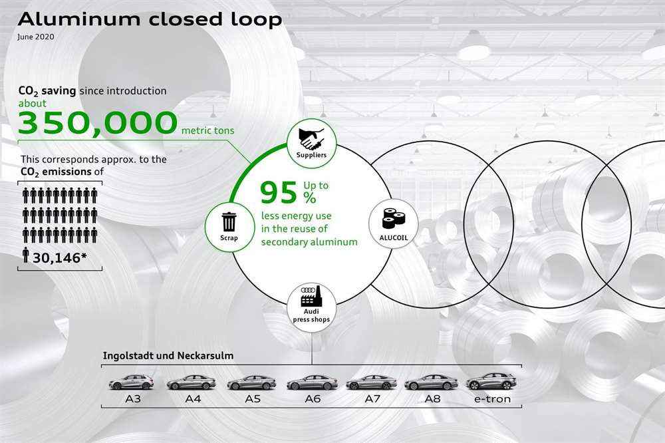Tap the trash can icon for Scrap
point(229,220)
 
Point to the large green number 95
point(277,192)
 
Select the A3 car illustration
point(131,382)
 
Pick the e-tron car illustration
point(491,382)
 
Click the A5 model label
point(251,400)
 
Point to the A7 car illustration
point(371,382)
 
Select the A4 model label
point(192,400)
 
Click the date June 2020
point(37,37)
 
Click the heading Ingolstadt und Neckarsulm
point(168,355)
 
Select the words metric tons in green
point(207,131)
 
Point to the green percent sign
point(310,198)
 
